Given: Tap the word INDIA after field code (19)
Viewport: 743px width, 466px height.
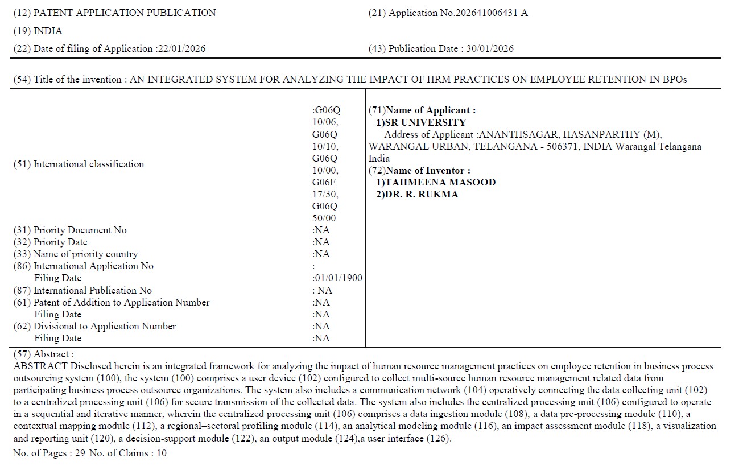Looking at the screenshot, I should pyautogui.click(x=48, y=31).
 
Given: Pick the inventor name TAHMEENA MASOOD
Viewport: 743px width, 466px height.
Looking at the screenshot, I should pyautogui.click(x=440, y=182).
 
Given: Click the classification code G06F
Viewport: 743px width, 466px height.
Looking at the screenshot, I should pyautogui.click(x=324, y=182).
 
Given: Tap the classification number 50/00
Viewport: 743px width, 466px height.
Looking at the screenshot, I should pyautogui.click(x=324, y=218).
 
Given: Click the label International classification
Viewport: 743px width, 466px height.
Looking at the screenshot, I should pyautogui.click(x=89, y=164).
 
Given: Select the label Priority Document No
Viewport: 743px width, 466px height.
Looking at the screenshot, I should pyautogui.click(x=80, y=230).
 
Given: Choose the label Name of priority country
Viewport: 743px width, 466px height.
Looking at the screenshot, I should pyautogui.click(x=85, y=254).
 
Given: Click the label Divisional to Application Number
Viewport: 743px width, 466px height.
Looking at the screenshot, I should pyautogui.click(x=105, y=327).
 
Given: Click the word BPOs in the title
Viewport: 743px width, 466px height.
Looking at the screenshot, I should pyautogui.click(x=674, y=79).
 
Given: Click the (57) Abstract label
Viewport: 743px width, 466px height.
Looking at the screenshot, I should pyautogui.click(x=43, y=354).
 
